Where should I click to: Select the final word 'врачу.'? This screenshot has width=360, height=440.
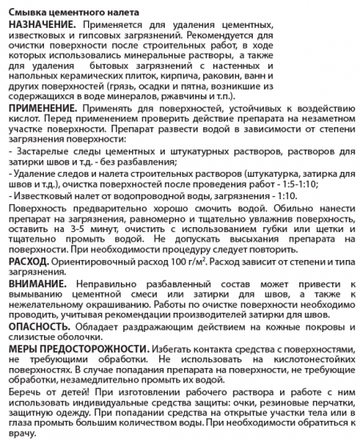coord(20,434)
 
